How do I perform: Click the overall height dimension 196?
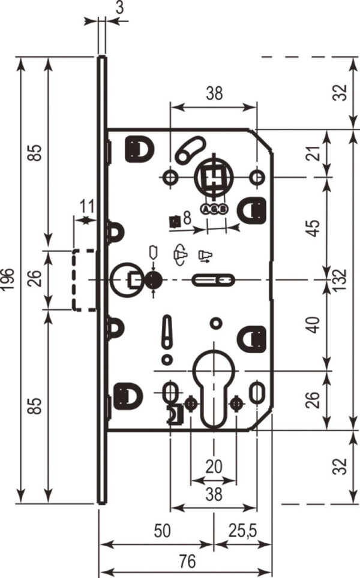click(8, 279)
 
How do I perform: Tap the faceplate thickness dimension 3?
click(119, 8)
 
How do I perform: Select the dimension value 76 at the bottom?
click(187, 561)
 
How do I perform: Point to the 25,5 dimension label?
click(242, 531)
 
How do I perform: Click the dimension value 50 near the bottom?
click(162, 531)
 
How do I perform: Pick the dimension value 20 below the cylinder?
click(214, 466)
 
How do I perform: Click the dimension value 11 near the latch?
click(88, 206)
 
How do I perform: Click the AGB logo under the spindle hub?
click(214, 209)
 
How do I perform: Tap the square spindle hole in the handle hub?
click(214, 177)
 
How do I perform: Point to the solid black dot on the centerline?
click(154, 280)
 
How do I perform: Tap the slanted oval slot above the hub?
click(190, 150)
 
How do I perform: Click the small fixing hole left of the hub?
click(170, 177)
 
